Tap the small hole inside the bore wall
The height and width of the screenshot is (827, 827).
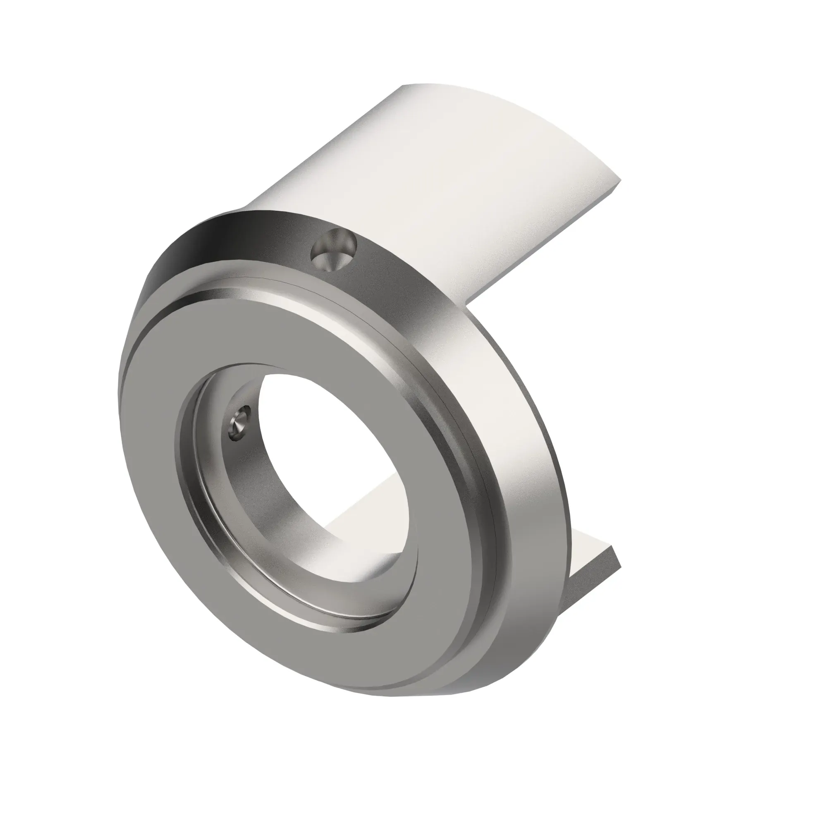click(x=238, y=423)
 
